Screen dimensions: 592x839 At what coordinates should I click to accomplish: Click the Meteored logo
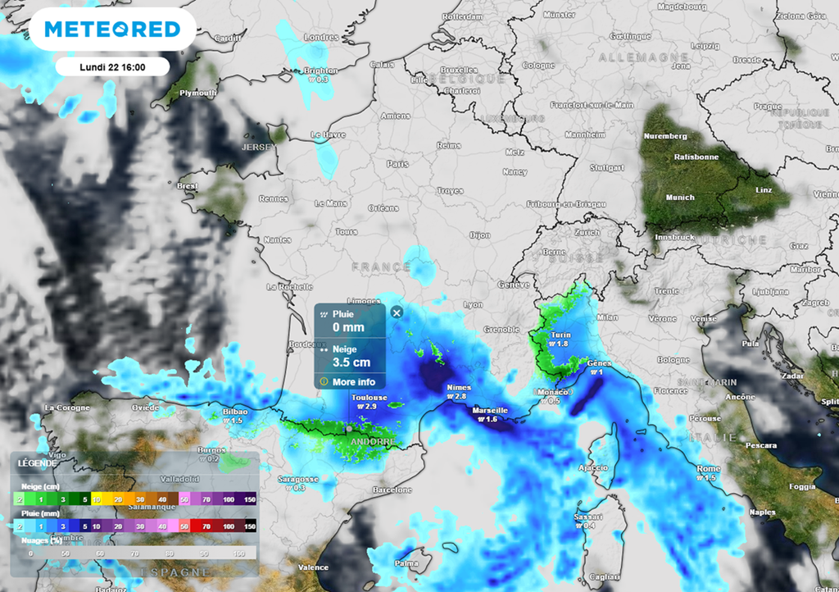(112, 30)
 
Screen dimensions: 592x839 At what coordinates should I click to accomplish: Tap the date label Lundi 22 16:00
(112, 66)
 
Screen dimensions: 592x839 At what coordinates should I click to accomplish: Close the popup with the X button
(397, 312)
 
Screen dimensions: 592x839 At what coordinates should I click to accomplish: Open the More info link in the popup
(353, 382)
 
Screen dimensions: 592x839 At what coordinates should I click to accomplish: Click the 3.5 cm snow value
(351, 362)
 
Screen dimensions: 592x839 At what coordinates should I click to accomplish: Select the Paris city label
(397, 164)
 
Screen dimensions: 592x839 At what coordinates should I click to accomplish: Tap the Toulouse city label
(369, 398)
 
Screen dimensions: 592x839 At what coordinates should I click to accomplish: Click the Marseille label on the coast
(491, 410)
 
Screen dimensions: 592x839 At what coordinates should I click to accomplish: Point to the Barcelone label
(392, 490)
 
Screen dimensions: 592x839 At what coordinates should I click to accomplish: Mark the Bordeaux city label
(308, 344)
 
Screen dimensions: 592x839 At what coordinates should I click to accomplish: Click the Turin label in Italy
(561, 335)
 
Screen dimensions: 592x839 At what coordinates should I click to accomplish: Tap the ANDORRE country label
(373, 441)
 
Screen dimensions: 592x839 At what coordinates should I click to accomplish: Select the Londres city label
(321, 37)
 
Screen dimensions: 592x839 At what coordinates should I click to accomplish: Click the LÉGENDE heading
(38, 462)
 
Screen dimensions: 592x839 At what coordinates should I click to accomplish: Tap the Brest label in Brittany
(188, 186)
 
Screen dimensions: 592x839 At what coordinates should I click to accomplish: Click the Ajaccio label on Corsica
(594, 467)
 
